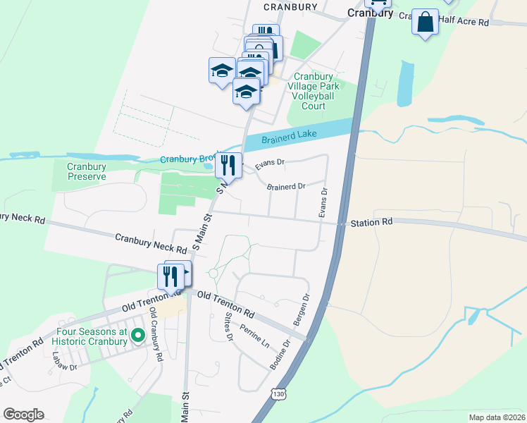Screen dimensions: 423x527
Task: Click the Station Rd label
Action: pyautogui.click(x=372, y=222)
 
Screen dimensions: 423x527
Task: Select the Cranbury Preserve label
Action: pyautogui.click(x=86, y=171)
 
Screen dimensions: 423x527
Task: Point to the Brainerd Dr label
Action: pyautogui.click(x=285, y=187)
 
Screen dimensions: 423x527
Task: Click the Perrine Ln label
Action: pyautogui.click(x=254, y=333)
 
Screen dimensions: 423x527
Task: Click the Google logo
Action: pyautogui.click(x=23, y=414)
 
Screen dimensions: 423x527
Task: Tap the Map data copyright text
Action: pyautogui.click(x=496, y=417)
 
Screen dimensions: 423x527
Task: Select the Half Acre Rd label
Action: pyautogui.click(x=463, y=22)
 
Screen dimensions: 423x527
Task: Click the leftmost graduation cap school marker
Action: pyautogui.click(x=222, y=71)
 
